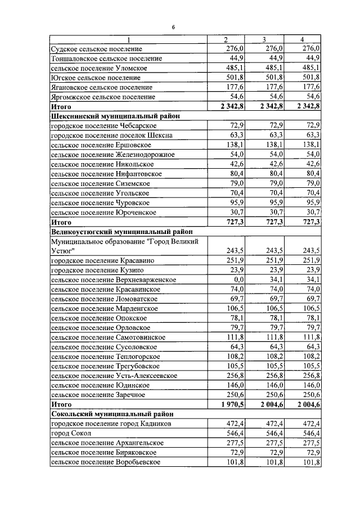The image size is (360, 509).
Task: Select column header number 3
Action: [264, 39]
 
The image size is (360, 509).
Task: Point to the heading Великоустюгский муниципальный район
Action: [121, 231]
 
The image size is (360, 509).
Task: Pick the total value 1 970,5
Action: [233, 404]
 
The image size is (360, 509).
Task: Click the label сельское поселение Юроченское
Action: [104, 212]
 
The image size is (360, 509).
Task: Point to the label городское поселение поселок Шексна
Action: [111, 135]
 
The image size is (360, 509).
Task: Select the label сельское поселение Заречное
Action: [100, 394]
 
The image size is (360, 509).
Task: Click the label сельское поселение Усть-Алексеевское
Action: [114, 375]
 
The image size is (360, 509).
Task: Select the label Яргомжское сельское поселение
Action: [103, 97]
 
